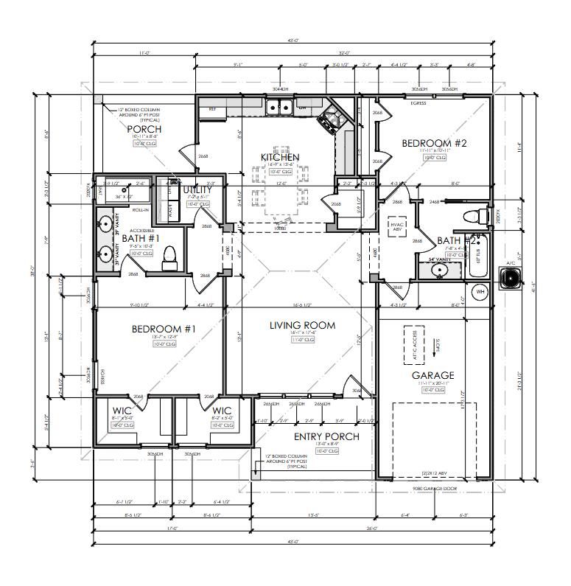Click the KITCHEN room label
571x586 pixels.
click(x=281, y=157)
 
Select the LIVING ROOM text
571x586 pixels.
click(x=302, y=325)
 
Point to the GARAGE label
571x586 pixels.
click(x=433, y=375)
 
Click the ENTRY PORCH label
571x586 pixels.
click(x=326, y=436)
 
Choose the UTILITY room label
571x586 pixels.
click(x=197, y=189)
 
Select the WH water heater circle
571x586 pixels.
click(x=480, y=292)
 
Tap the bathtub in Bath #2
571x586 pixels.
click(x=478, y=257)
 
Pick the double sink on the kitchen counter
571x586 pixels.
click(x=279, y=108)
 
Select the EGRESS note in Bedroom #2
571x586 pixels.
click(x=418, y=103)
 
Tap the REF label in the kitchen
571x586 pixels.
click(x=212, y=109)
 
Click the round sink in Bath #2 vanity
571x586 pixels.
click(x=441, y=269)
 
